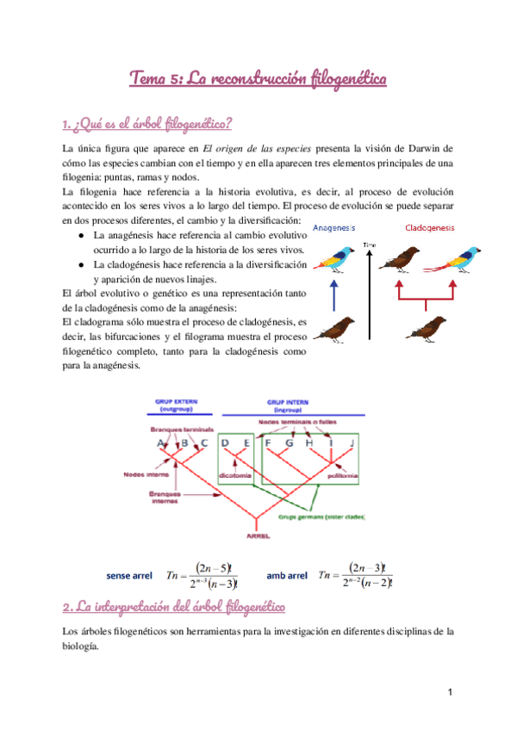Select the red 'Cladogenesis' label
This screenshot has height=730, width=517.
(431, 229)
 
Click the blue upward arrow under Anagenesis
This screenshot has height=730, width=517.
(333, 294)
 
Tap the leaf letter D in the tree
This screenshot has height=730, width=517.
(225, 443)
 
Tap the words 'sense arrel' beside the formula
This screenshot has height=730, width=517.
(129, 574)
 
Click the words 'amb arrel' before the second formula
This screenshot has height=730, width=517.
(287, 574)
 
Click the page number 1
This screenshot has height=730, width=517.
(450, 691)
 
